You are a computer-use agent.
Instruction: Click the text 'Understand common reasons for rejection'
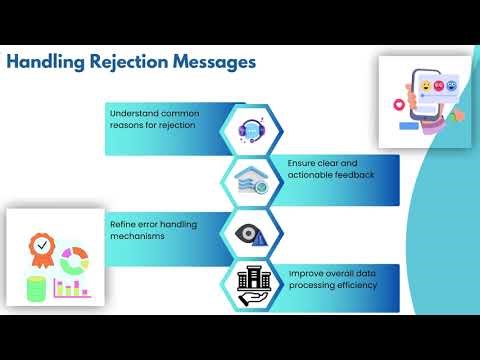point(153,118)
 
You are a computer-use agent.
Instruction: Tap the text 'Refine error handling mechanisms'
point(153,229)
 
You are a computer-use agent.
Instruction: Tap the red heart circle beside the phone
point(400,104)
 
